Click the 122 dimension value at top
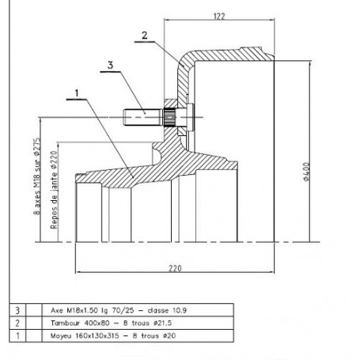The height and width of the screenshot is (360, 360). (219, 17)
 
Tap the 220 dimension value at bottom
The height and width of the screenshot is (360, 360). (175, 268)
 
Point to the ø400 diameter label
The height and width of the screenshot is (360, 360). (306, 172)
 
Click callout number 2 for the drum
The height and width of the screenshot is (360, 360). (145, 36)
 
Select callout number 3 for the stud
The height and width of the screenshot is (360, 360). (111, 65)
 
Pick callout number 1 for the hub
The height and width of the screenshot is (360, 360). (77, 93)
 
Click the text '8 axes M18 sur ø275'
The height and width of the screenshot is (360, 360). (37, 176)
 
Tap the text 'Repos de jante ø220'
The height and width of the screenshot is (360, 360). (54, 190)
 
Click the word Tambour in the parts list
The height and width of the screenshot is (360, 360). (65, 323)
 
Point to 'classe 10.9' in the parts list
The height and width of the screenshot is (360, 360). (167, 310)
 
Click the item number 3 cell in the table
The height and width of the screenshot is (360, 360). (17, 310)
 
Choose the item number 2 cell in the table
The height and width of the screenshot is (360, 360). (17, 323)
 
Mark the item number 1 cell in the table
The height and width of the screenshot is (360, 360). (17, 336)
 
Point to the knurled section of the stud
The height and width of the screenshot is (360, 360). (169, 117)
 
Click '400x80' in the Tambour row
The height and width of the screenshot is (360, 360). (97, 323)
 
